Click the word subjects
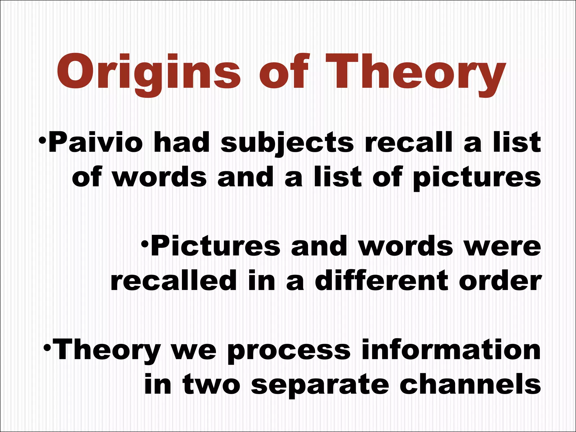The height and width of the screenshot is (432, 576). pos(287,144)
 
